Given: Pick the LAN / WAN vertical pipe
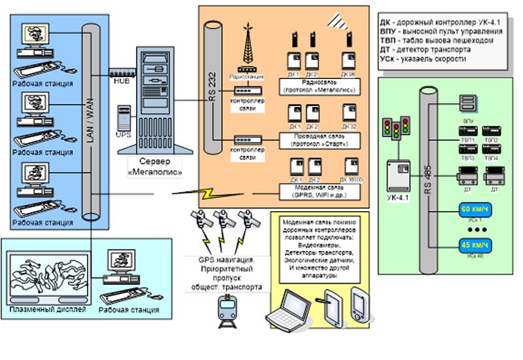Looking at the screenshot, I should point(92,124).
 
